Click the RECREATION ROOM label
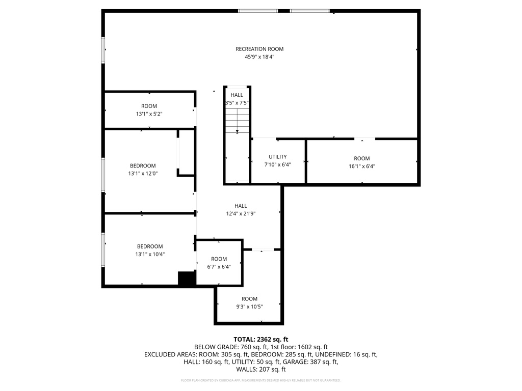click(259, 49)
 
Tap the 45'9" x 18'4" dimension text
click(259, 57)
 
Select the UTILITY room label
click(278, 157)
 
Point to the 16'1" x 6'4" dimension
click(362, 166)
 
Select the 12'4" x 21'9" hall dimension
click(241, 214)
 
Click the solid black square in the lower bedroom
click(187, 278)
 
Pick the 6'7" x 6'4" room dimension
click(219, 266)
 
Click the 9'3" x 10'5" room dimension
click(249, 306)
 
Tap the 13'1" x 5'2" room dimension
click(149, 114)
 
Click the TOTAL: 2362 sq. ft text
click(260, 339)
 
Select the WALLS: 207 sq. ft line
click(260, 369)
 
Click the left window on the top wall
click(258, 11)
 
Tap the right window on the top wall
click(309, 11)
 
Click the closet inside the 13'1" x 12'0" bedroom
click(186, 153)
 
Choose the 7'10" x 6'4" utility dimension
click(278, 164)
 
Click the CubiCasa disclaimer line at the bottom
click(260, 380)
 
